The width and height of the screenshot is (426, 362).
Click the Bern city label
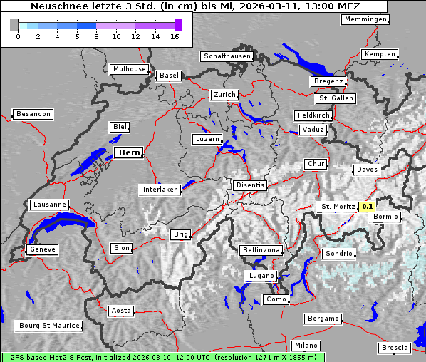click(129, 152)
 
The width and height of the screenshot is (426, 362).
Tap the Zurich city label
click(224, 95)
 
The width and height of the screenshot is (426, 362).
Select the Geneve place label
click(42, 249)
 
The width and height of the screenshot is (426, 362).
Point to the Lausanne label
click(49, 205)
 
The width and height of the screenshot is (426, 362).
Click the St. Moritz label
click(338, 207)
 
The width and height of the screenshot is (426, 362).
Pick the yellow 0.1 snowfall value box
click(367, 207)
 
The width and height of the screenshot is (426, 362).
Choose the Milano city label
click(306, 346)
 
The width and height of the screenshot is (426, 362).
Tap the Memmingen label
click(365, 19)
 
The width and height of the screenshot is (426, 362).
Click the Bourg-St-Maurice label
click(49, 326)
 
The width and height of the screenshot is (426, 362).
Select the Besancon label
click(33, 114)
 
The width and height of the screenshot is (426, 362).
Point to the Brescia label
click(395, 348)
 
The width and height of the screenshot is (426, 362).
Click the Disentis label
click(249, 185)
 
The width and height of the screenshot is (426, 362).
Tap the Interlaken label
click(160, 190)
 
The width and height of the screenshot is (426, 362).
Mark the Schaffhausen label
click(227, 56)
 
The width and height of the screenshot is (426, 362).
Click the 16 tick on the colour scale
click(175, 36)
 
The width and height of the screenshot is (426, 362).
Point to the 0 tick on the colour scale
click(18, 36)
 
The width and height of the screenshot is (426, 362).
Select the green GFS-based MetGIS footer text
click(162, 357)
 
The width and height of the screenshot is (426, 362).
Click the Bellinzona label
click(261, 250)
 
